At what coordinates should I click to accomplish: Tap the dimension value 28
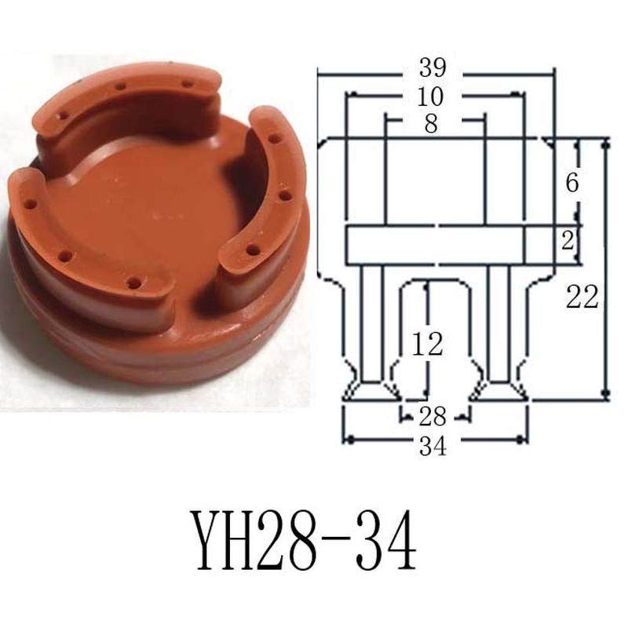pyautogui.click(x=433, y=414)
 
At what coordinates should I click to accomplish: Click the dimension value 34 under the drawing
pyautogui.click(x=433, y=446)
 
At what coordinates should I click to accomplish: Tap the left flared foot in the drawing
pyautogui.click(x=372, y=390)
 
